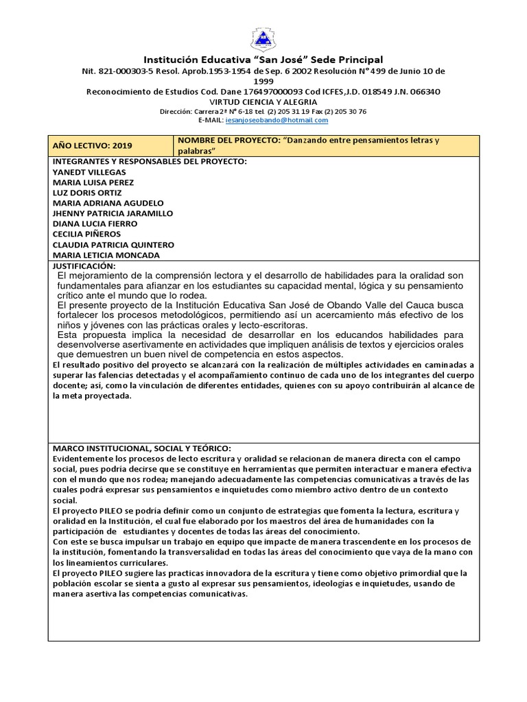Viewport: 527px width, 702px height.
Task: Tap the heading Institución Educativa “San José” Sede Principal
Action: tap(263, 60)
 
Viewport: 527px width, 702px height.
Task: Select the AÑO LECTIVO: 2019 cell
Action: tap(93, 145)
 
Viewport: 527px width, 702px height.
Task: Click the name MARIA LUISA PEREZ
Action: tap(93, 182)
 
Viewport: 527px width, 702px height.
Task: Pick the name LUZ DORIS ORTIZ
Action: tap(87, 193)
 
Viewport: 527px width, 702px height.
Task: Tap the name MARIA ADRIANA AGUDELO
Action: tap(108, 203)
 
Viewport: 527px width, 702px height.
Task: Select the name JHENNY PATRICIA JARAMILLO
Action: tap(113, 213)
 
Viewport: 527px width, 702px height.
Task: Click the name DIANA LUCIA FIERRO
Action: tap(95, 223)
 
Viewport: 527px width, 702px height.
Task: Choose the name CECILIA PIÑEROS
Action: tap(86, 234)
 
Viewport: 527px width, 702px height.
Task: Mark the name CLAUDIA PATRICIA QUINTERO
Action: tap(113, 245)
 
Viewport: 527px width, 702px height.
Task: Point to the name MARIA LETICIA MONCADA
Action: tap(106, 255)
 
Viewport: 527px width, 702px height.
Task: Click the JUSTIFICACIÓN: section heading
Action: tap(84, 265)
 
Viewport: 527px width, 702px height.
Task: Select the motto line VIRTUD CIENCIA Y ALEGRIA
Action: tap(263, 101)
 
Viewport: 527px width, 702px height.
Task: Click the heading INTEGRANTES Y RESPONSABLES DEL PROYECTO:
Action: tap(150, 161)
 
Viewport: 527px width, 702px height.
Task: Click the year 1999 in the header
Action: tap(263, 81)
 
